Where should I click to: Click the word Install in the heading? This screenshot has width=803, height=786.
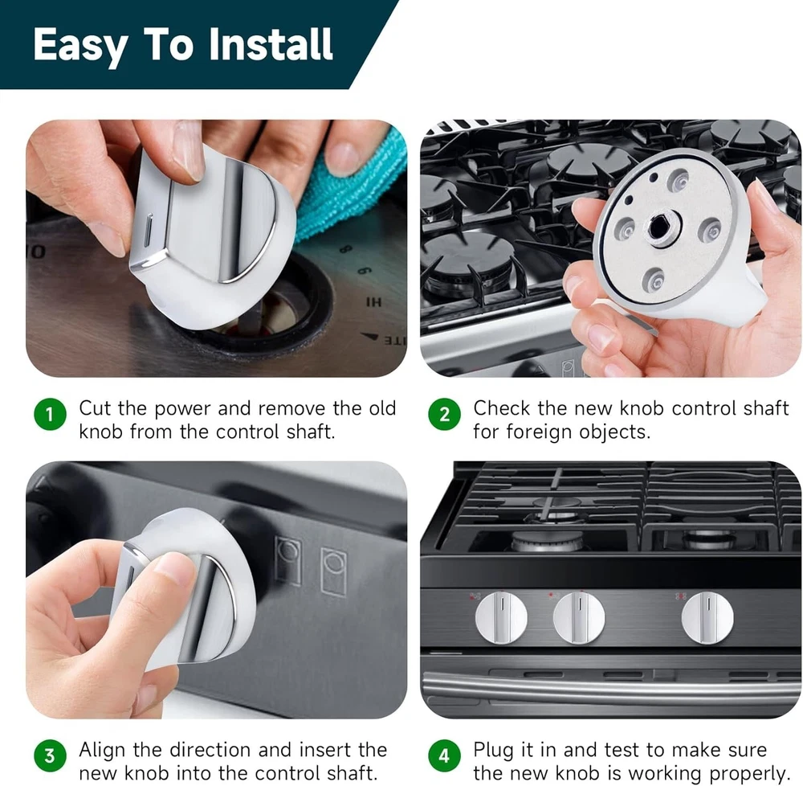pos(271,44)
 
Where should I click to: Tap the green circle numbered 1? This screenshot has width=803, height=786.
pos(50,414)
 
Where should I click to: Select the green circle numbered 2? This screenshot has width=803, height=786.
pos(445,414)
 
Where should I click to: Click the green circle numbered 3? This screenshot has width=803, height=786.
pos(50,755)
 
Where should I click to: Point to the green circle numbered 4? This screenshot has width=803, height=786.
pos(445,755)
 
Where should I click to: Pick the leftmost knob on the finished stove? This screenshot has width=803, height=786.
pos(501,617)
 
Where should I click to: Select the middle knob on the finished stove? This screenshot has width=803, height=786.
pos(579,617)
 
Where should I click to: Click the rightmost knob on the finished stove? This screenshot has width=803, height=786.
pos(707,617)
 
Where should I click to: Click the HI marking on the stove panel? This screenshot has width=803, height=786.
pos(374,302)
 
